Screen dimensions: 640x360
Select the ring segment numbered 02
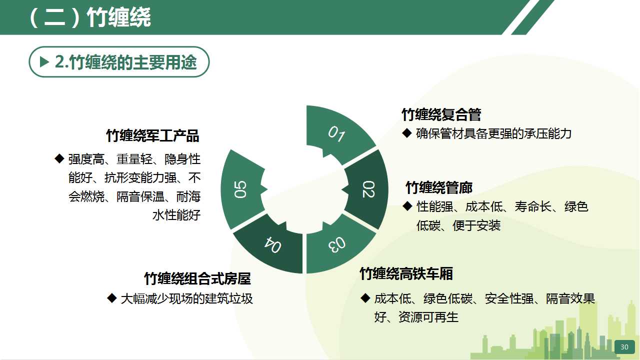(368, 189)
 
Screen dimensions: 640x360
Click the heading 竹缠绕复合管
(441, 114)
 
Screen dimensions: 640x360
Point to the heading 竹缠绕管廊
(439, 187)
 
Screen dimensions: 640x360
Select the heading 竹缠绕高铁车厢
(406, 273)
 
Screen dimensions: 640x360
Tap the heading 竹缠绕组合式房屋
(197, 278)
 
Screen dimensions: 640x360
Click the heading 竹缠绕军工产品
(152, 135)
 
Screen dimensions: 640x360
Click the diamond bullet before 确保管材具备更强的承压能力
(407, 133)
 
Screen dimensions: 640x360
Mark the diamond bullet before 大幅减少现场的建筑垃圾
(112, 298)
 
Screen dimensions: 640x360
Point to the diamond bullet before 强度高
(59, 158)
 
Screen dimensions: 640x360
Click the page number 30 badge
(624, 347)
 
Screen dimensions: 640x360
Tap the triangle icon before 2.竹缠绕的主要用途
(44, 61)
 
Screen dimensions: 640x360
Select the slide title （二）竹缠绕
(90, 17)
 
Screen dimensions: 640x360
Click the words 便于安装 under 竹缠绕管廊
(476, 225)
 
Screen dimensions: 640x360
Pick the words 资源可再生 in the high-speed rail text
(428, 317)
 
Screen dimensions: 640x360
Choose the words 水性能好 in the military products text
(176, 215)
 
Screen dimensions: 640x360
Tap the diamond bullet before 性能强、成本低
(407, 206)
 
